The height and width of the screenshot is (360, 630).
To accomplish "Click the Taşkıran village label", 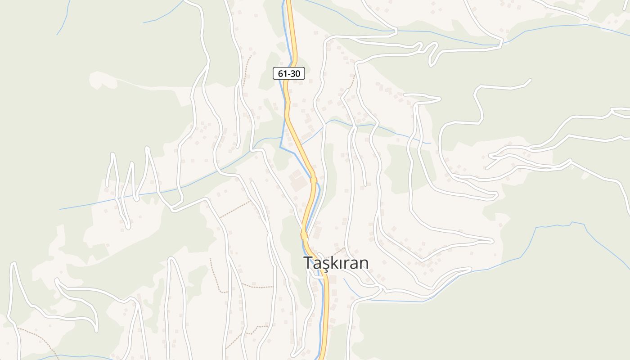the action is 336,263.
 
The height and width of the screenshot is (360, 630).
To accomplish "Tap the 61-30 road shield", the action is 289,73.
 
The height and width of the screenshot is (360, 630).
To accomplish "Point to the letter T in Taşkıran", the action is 308,263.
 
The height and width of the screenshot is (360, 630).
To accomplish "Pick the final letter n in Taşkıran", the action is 364,264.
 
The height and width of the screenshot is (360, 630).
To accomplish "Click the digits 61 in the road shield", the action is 282,73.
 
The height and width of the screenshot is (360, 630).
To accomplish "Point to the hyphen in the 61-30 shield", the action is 288,74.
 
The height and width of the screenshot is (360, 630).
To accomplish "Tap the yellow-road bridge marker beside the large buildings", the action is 314,180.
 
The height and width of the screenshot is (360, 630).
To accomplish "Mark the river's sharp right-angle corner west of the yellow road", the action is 280,147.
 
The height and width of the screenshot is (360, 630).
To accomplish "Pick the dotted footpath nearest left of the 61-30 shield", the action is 247,70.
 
